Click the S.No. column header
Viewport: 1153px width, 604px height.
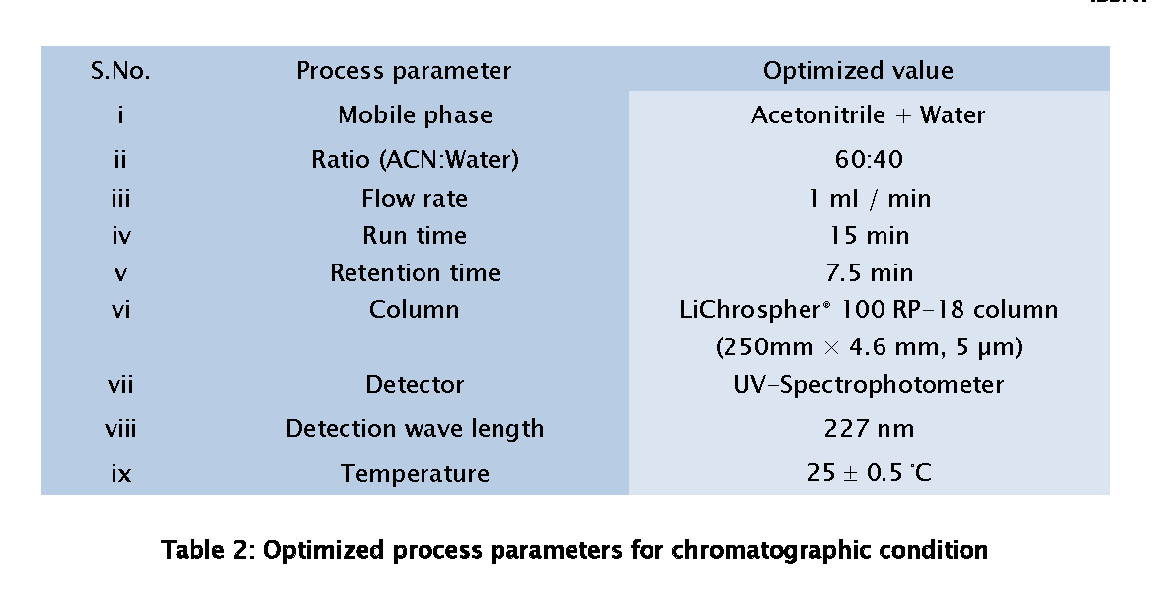pyautogui.click(x=120, y=70)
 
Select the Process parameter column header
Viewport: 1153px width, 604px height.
pyautogui.click(x=404, y=70)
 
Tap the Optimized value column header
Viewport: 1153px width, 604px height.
pyautogui.click(x=858, y=70)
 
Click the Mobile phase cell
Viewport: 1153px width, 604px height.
pyautogui.click(x=415, y=114)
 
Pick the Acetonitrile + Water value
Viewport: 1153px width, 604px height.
pyautogui.click(x=869, y=114)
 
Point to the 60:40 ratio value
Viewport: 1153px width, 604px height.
pyautogui.click(x=869, y=159)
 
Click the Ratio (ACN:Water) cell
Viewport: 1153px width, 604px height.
pyautogui.click(x=415, y=160)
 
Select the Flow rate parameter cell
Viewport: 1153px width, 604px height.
pyautogui.click(x=415, y=198)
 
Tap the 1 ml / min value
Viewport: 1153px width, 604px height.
pyautogui.click(x=870, y=199)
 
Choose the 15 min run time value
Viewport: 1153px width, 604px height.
pyautogui.click(x=870, y=235)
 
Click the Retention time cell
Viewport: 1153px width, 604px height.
pyautogui.click(x=415, y=272)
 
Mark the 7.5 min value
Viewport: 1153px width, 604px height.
pyautogui.click(x=870, y=272)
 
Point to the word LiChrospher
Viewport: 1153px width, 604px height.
pyautogui.click(x=750, y=310)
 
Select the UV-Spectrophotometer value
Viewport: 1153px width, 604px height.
pyautogui.click(x=869, y=384)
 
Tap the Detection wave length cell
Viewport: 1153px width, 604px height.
pyautogui.click(x=415, y=429)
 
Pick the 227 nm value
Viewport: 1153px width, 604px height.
pyautogui.click(x=869, y=428)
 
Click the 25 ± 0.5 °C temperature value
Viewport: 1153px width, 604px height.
pyautogui.click(x=869, y=472)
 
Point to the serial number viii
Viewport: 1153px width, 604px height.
pyautogui.click(x=120, y=428)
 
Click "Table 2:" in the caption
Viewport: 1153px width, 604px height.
pyautogui.click(x=208, y=550)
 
